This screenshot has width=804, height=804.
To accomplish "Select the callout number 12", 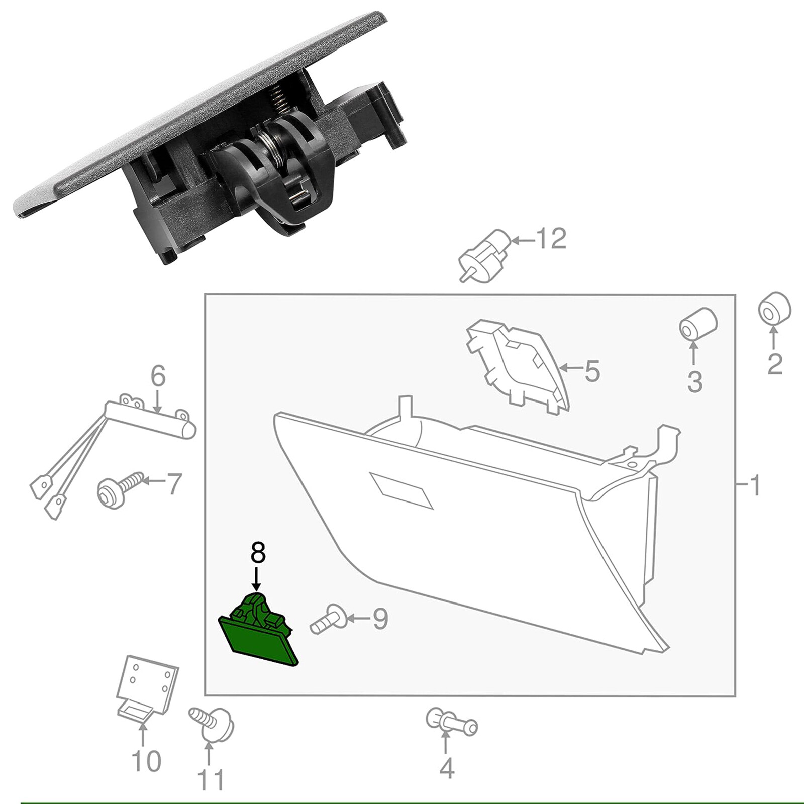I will tap(551, 239).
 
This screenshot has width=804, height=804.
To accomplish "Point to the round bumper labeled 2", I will tap(774, 309).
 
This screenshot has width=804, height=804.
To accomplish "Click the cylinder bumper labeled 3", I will tap(697, 325).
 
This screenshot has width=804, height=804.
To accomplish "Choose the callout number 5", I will tap(592, 371).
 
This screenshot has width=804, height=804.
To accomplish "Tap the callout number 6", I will tap(158, 376).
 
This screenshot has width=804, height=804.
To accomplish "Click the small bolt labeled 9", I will tap(327, 621).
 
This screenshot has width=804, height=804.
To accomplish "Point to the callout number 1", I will tap(755, 485).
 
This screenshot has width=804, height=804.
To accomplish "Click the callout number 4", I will tap(447, 768).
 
